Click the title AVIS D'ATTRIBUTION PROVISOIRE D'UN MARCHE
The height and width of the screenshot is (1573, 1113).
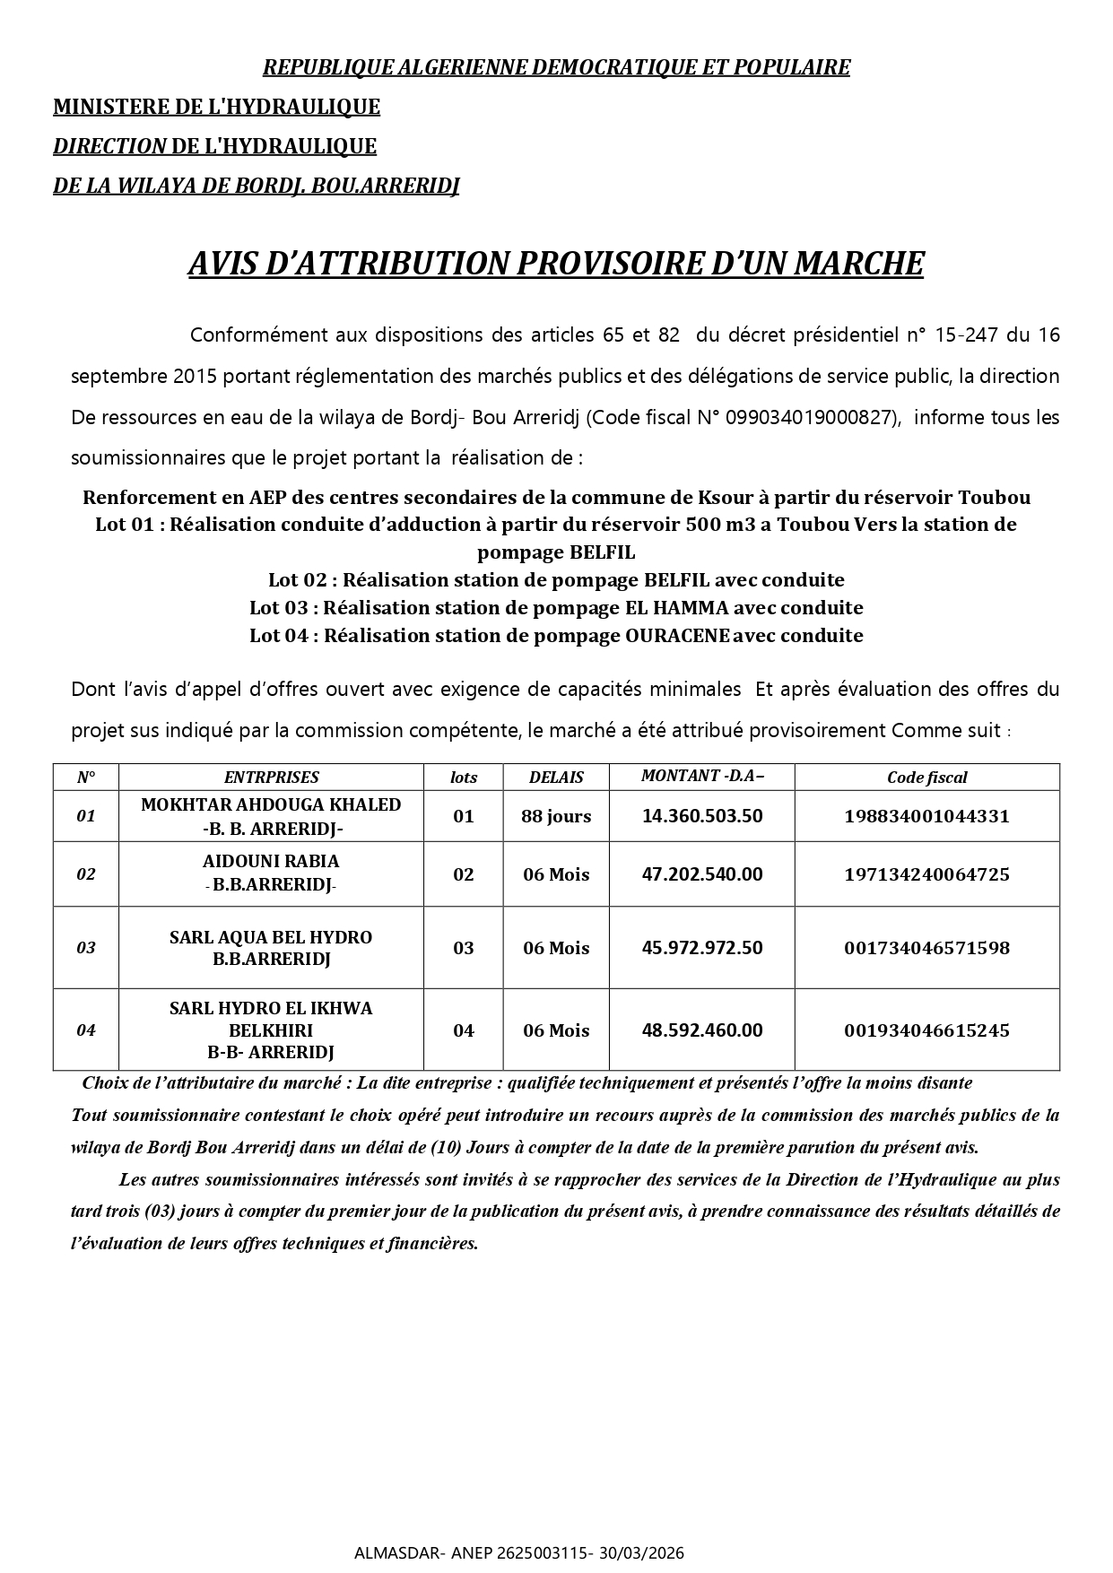[x=555, y=264]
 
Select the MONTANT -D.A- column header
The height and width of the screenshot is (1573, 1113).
[x=702, y=776]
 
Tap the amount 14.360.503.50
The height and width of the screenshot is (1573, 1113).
[x=702, y=816]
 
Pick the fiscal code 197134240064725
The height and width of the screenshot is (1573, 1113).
[x=926, y=874]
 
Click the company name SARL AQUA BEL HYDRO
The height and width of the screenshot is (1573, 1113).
[x=271, y=937]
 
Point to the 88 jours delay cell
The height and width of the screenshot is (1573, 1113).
[x=556, y=816]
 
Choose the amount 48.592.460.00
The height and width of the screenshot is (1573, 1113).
[x=702, y=1030]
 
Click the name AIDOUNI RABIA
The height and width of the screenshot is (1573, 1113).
[x=271, y=862]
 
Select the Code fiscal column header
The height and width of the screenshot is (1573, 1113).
[x=926, y=778]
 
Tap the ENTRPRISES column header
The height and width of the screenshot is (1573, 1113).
[x=271, y=778]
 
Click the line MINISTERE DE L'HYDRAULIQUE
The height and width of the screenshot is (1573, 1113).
[x=216, y=107]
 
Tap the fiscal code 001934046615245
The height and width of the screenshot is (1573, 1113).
[x=926, y=1030]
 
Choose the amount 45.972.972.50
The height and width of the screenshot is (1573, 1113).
[x=702, y=948]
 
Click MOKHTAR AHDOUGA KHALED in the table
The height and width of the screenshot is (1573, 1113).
[x=271, y=804]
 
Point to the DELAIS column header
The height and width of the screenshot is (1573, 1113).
[x=556, y=778]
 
